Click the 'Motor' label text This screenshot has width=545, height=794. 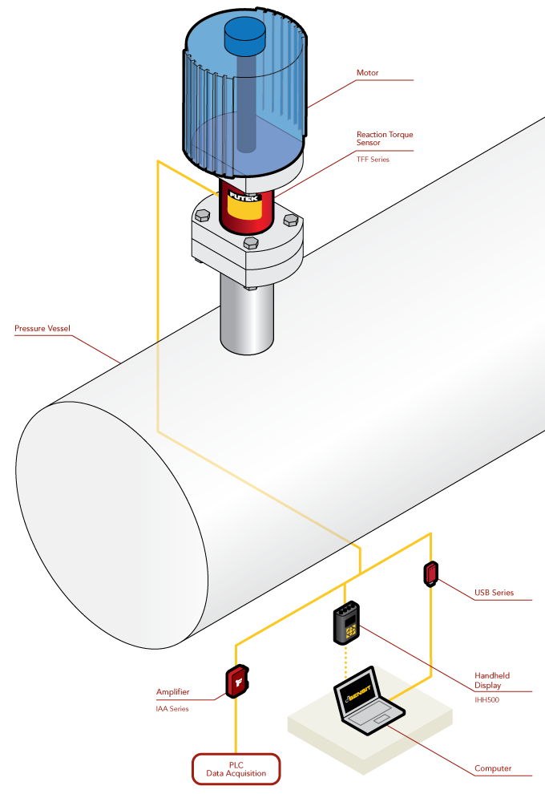tap(367, 73)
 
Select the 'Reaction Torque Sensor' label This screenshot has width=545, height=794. tap(385, 138)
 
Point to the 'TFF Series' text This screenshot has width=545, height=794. tap(373, 160)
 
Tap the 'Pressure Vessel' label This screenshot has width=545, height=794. tap(42, 329)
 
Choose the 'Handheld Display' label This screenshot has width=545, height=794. tap(492, 680)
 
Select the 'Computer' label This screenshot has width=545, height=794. tap(492, 768)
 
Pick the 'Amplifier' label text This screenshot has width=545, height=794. tap(172, 691)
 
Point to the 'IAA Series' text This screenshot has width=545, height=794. tap(172, 709)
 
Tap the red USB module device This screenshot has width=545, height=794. tap(431, 573)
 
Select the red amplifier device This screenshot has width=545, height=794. tap(238, 682)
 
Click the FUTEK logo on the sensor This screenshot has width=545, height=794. tap(244, 194)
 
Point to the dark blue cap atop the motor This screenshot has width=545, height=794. tap(245, 34)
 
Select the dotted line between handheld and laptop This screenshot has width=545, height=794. tap(347, 661)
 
